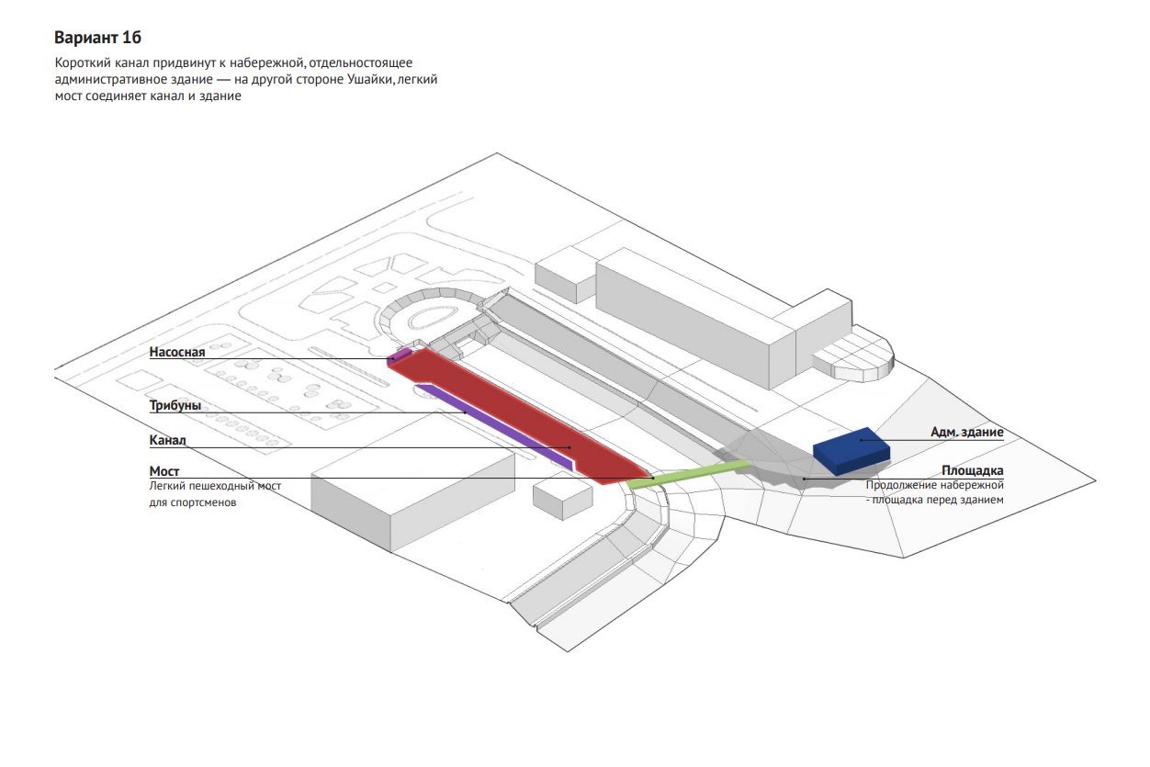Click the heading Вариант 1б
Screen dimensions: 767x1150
pos(98,38)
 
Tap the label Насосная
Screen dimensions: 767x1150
pos(177,352)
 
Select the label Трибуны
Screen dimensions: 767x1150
pos(175,405)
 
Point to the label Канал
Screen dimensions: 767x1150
pos(168,440)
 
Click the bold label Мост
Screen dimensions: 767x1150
pos(164,471)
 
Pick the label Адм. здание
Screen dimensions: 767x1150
pos(966,432)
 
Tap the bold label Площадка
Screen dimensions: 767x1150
pos(972,471)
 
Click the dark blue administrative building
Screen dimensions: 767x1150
pos(851,448)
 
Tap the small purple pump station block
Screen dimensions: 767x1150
pos(399,355)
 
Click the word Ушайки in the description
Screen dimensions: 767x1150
pos(370,80)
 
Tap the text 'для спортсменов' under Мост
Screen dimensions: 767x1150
pos(193,502)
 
